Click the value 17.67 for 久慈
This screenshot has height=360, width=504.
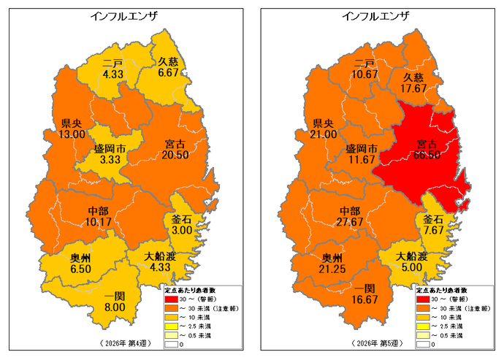413,88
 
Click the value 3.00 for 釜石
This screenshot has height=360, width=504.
182,230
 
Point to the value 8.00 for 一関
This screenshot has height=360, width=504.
114,308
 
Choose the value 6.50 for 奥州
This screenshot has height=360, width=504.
80,269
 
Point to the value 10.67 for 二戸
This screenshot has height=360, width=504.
364,74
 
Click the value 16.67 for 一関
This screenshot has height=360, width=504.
360,299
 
